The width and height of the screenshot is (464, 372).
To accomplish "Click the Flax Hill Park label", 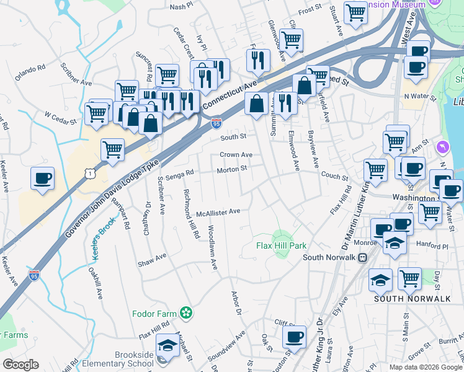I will tap(281, 245).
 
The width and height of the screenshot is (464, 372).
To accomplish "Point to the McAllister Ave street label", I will tap(218, 212).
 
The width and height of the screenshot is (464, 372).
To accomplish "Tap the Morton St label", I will tap(231, 169).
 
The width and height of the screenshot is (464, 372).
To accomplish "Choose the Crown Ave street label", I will tap(236, 155).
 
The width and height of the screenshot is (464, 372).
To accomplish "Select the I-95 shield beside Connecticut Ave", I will tap(216, 123).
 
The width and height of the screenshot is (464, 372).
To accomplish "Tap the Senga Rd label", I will tap(180, 173).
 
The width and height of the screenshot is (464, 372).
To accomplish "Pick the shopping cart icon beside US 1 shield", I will tap(112, 149).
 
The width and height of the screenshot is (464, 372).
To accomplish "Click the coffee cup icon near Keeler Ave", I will tap(42, 178).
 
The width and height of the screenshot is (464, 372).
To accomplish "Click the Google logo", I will tap(20, 364).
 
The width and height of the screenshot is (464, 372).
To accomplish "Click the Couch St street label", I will tap(334, 175).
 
